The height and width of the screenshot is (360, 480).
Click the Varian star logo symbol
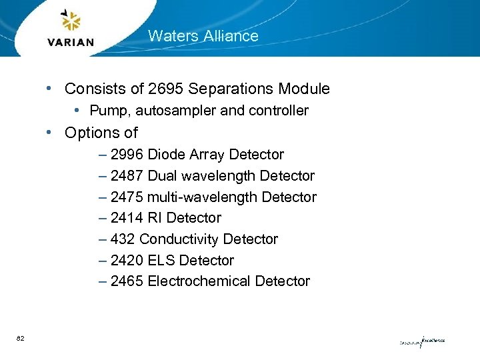pos(70,21)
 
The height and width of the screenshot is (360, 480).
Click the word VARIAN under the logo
pos(71,42)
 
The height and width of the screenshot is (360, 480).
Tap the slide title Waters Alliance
pos(203,36)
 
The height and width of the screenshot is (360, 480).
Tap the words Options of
pos(101,133)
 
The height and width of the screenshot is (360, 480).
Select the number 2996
pos(127,155)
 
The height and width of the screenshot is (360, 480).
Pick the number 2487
pos(127,176)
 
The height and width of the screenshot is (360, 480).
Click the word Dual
pos(163,176)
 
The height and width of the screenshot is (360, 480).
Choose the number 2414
pos(127,218)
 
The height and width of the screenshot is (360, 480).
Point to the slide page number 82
pos(21,339)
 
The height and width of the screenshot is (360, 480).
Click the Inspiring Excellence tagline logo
pos(422,341)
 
